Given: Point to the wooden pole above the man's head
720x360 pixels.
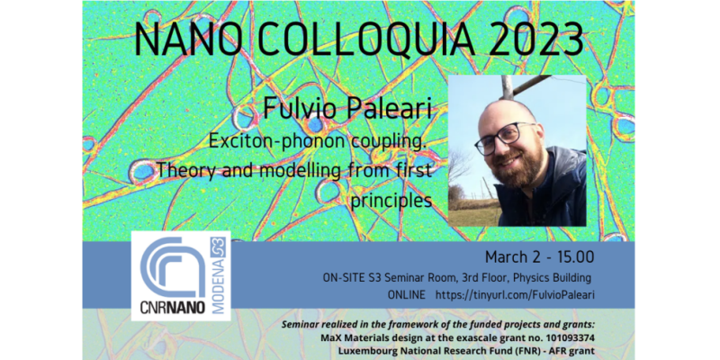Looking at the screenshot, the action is pos(508,87).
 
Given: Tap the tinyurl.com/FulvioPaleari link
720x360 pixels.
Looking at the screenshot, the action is pos(515,295).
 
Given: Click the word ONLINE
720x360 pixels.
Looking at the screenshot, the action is pos(407,295).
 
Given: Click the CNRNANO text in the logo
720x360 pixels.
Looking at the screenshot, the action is pos(173,307).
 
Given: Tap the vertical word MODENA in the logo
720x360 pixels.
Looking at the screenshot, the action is pos(219,286).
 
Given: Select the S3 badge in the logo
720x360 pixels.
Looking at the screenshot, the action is pos(218,247).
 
